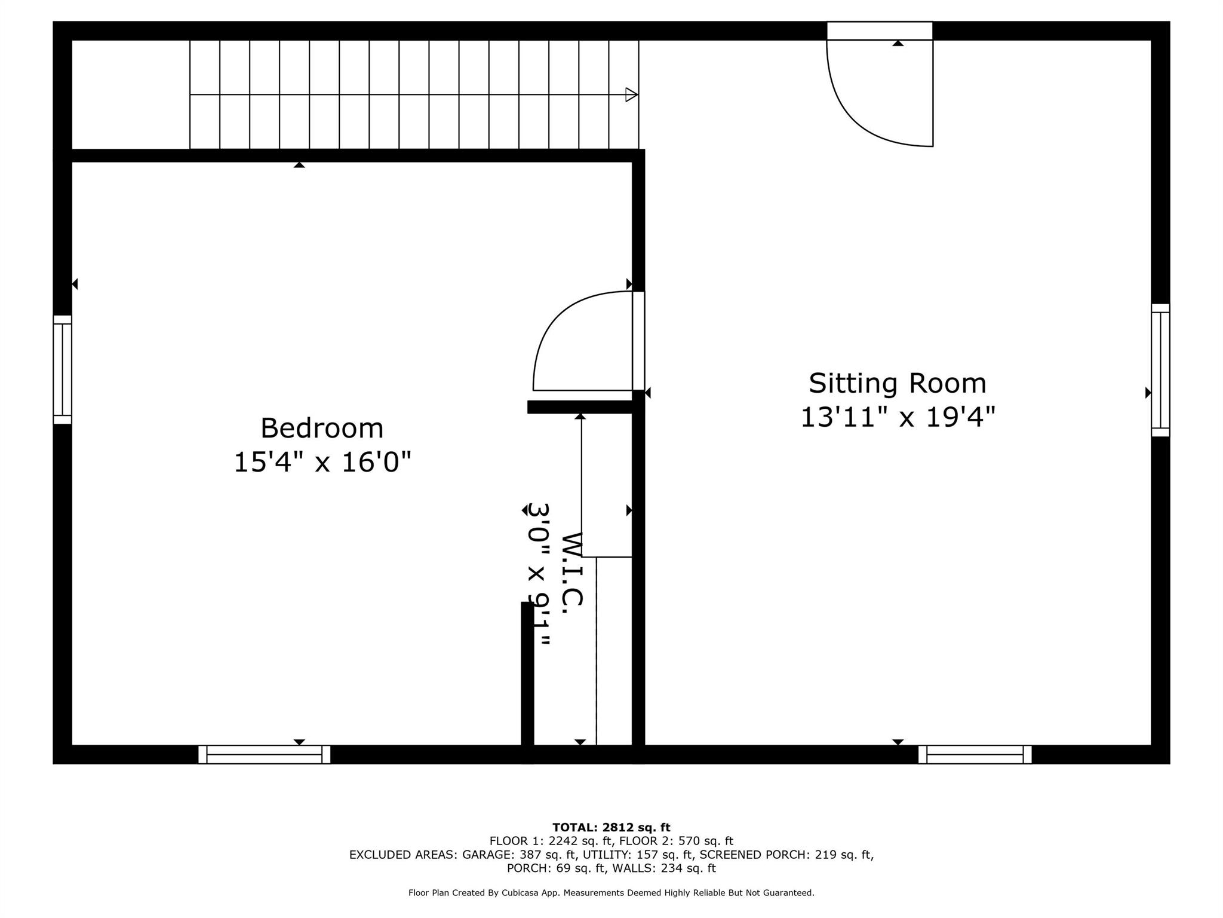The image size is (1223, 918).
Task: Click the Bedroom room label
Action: click(x=322, y=429)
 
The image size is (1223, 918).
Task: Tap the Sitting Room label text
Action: click(x=897, y=384)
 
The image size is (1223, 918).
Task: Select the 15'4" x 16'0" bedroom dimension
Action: click(x=322, y=463)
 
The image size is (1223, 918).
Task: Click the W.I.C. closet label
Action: click(x=571, y=568)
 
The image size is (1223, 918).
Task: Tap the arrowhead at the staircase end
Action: click(x=631, y=94)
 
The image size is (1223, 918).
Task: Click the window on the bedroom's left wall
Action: click(x=63, y=369)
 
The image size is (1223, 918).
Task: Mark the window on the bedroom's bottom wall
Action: click(x=264, y=754)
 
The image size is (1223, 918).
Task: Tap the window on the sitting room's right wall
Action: click(x=1160, y=370)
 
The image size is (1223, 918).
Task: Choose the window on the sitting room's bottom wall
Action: click(x=975, y=754)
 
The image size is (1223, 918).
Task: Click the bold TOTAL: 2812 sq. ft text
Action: click(x=611, y=828)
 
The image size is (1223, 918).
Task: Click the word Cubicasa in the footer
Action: click(x=520, y=893)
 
